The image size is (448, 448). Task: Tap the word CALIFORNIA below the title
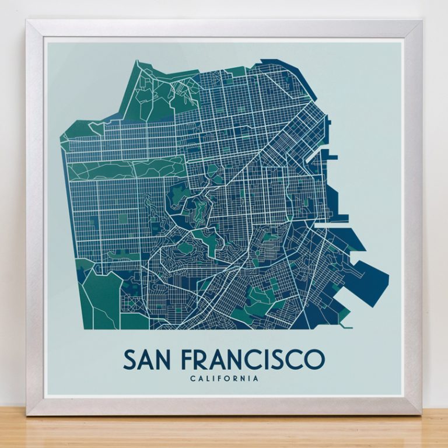pos(224,379)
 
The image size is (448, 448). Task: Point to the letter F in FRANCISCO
pos(188,359)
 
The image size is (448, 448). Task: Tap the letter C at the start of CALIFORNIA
pos(192,379)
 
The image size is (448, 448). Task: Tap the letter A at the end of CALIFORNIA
pos(256,379)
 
